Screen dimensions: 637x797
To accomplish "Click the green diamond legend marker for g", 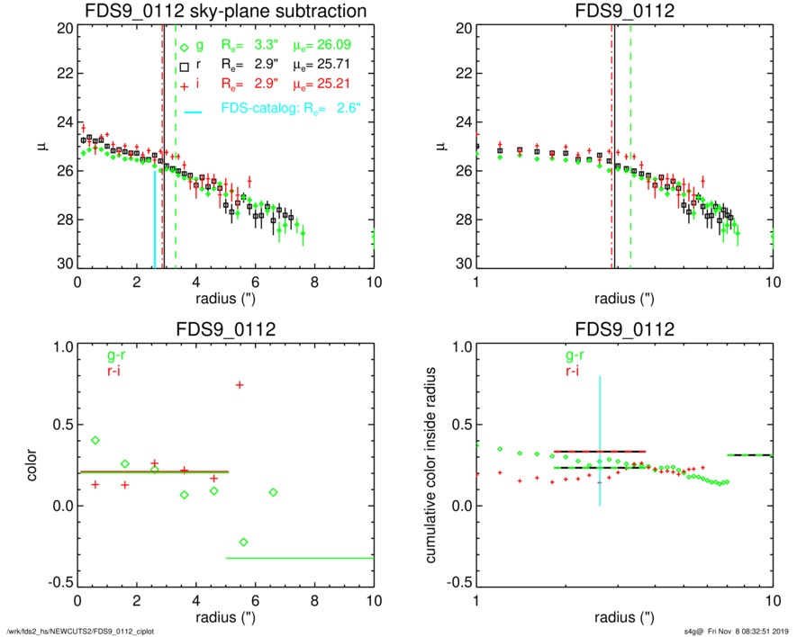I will coord(184,47).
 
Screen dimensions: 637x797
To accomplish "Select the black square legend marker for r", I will coord(184,66).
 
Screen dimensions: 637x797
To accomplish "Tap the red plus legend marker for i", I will coord(184,85).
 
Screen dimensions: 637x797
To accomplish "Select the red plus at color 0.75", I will coord(240,385).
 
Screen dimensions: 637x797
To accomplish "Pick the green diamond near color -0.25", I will coord(243,542).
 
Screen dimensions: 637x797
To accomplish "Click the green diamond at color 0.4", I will coord(95,440).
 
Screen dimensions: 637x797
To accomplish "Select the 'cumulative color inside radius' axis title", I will coord(432,464).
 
